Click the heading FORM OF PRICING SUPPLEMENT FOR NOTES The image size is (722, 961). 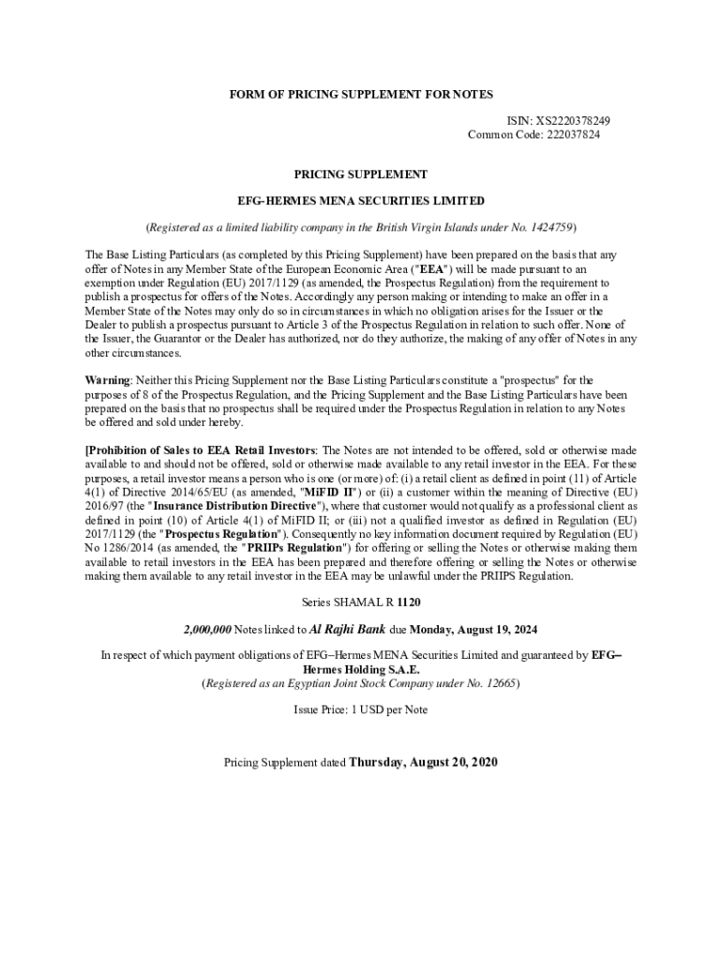click(x=361, y=95)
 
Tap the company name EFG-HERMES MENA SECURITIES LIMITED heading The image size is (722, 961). click(x=361, y=201)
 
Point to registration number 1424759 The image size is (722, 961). click(x=549, y=227)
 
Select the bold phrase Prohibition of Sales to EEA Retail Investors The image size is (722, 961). click(x=201, y=450)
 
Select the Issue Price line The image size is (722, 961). click(x=361, y=709)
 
